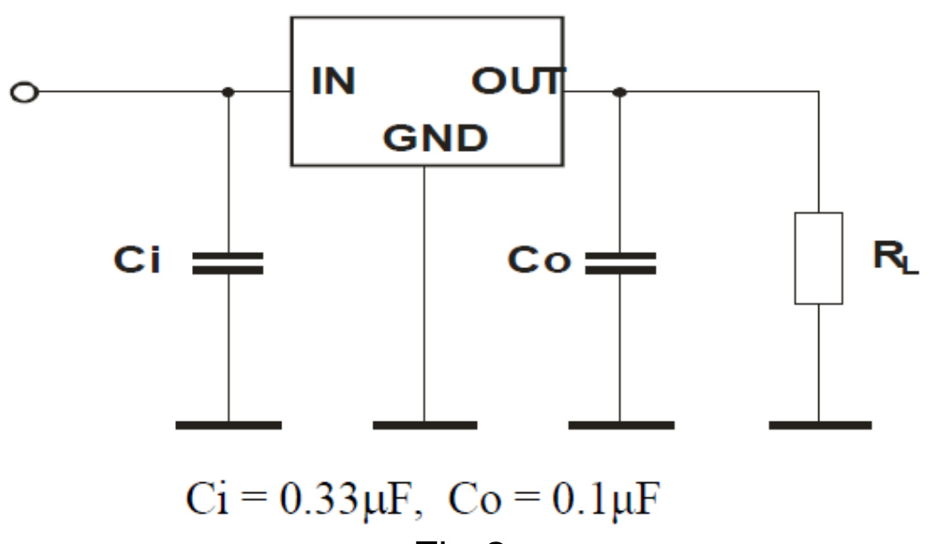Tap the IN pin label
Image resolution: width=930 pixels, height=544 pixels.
333,83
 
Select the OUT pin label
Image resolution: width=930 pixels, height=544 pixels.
517,83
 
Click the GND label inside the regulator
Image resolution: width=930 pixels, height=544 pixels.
436,138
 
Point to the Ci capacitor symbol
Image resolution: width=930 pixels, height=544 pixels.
228,262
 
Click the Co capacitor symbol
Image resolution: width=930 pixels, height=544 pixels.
620,262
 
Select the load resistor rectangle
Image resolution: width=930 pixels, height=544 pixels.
818,258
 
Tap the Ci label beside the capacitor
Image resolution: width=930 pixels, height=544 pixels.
137,260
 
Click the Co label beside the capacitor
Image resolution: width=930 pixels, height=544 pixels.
539,261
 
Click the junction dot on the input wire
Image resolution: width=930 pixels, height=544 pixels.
228,91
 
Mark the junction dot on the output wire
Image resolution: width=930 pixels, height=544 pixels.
620,91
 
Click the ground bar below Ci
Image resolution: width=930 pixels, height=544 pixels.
228,425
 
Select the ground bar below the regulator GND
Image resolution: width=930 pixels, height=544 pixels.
424,425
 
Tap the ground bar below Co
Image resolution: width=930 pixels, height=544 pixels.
620,425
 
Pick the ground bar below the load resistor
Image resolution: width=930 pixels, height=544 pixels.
819,425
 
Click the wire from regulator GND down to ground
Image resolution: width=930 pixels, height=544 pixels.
424,295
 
